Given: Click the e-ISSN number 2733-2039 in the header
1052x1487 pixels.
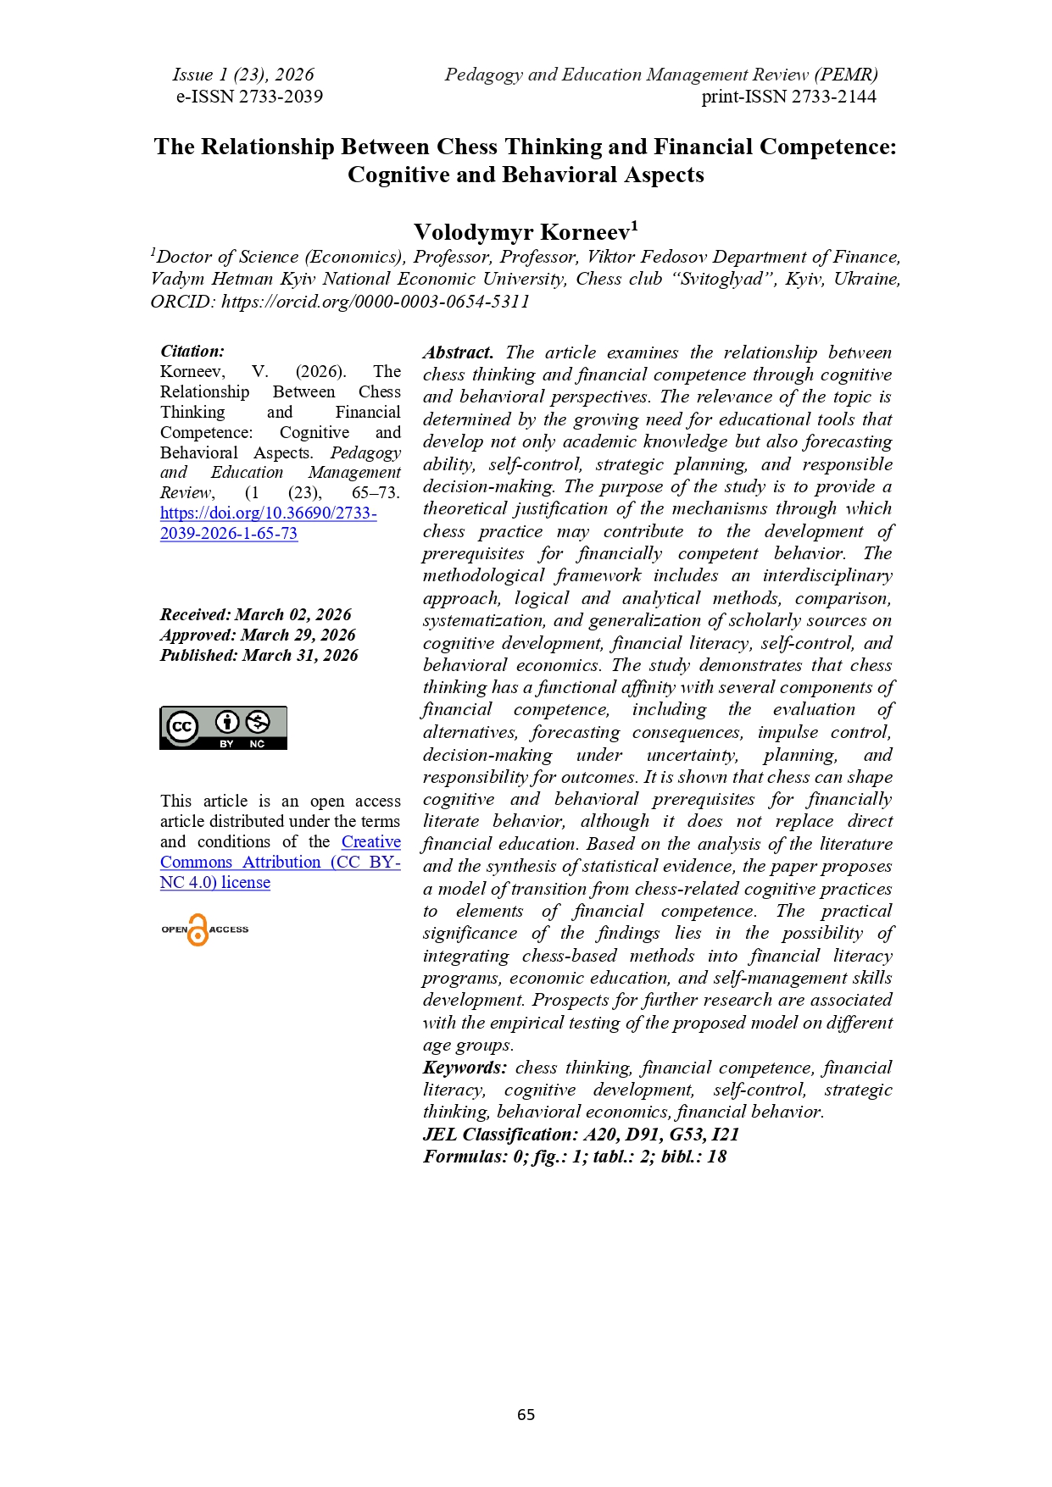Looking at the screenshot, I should [249, 97].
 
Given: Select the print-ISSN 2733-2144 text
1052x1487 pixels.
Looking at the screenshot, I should [788, 97].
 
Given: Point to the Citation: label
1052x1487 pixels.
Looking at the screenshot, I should [192, 351].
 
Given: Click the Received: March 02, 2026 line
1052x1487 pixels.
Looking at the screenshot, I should [255, 614].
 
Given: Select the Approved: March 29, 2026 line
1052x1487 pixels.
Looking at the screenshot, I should [258, 635].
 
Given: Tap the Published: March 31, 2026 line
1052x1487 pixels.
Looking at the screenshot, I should [259, 655].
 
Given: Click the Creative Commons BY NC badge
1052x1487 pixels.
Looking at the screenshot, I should [223, 728].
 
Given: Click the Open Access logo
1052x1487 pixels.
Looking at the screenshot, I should [204, 929].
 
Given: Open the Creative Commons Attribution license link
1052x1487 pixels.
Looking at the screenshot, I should [280, 862].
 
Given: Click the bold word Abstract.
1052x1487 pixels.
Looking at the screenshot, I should [458, 352].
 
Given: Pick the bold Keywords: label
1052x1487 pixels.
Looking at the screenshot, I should [465, 1068].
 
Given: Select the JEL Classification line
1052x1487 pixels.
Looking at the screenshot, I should [581, 1135].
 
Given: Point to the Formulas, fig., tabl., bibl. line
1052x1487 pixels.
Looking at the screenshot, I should [574, 1157].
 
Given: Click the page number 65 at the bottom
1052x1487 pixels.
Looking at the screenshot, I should [526, 1414].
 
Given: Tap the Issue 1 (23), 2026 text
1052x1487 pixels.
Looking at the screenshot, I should [242, 75].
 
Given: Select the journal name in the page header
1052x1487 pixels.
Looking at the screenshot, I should [660, 75].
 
